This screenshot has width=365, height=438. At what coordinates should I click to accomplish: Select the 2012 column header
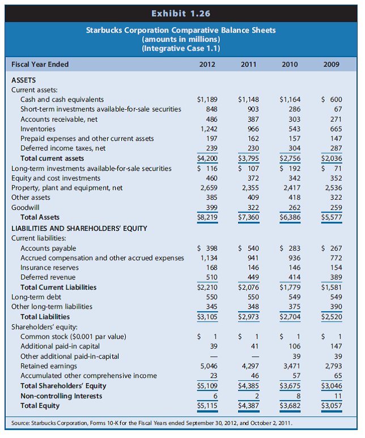[x=207, y=65]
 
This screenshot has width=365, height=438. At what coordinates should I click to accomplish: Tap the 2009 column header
[x=332, y=65]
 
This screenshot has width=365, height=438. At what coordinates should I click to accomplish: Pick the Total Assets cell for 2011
[x=248, y=217]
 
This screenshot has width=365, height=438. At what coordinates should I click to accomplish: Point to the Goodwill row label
[x=24, y=207]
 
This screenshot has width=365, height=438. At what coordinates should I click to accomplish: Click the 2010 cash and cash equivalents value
[x=290, y=100]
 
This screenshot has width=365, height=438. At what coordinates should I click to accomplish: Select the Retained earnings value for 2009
[x=332, y=366]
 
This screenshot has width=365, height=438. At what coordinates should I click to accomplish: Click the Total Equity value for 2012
[x=207, y=405]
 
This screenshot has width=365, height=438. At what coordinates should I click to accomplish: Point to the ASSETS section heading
[x=24, y=80]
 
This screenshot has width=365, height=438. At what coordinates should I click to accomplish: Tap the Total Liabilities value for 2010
[x=290, y=317]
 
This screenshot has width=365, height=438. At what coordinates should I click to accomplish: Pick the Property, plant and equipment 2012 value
[x=207, y=187]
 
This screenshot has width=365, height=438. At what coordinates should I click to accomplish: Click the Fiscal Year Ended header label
[x=40, y=65]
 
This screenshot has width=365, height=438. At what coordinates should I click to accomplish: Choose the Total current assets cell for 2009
[x=332, y=158]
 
